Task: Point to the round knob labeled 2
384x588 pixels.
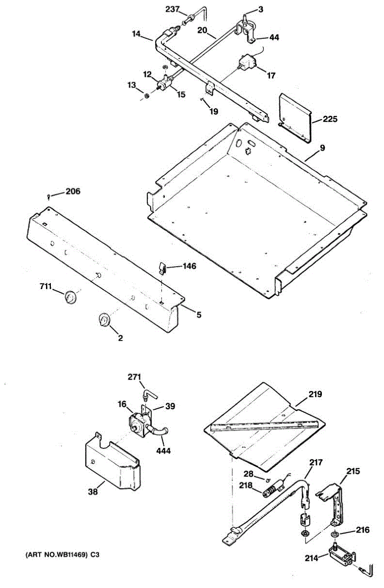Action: pyautogui.click(x=104, y=319)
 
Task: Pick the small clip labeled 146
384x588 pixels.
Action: pyautogui.click(x=163, y=268)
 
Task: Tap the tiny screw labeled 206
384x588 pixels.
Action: pyautogui.click(x=49, y=196)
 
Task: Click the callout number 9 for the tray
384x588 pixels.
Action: pyautogui.click(x=322, y=147)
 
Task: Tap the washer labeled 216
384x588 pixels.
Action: pyautogui.click(x=335, y=534)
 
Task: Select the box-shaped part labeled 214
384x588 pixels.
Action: pyautogui.click(x=340, y=556)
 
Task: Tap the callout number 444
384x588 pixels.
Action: pyautogui.click(x=164, y=450)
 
